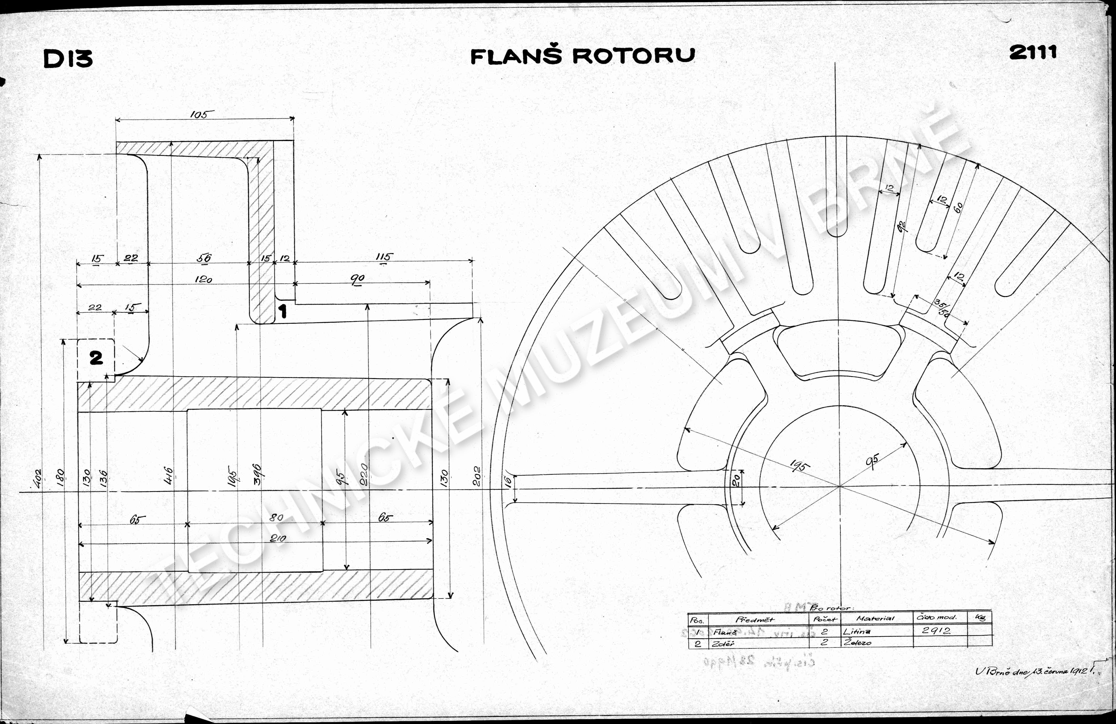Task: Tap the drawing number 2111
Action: click(x=1033, y=52)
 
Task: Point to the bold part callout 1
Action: click(x=283, y=311)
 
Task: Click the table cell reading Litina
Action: click(x=857, y=631)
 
